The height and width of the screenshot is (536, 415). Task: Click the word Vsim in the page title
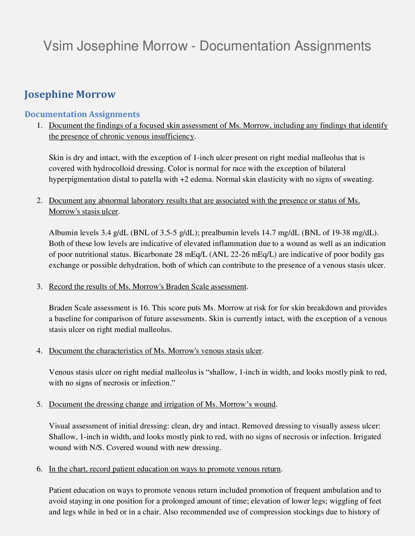pos(58,46)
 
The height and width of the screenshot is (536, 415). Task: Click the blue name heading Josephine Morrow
pos(70,94)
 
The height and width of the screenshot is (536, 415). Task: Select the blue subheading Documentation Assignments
pos(82,114)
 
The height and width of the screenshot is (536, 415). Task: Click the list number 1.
pos(39,126)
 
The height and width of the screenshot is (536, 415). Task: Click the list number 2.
pos(39,201)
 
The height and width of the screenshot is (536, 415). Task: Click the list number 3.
pos(39,287)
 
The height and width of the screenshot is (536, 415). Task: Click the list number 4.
pos(39,351)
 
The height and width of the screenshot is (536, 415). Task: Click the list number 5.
pos(39,404)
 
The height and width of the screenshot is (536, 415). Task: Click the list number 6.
pos(39,469)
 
